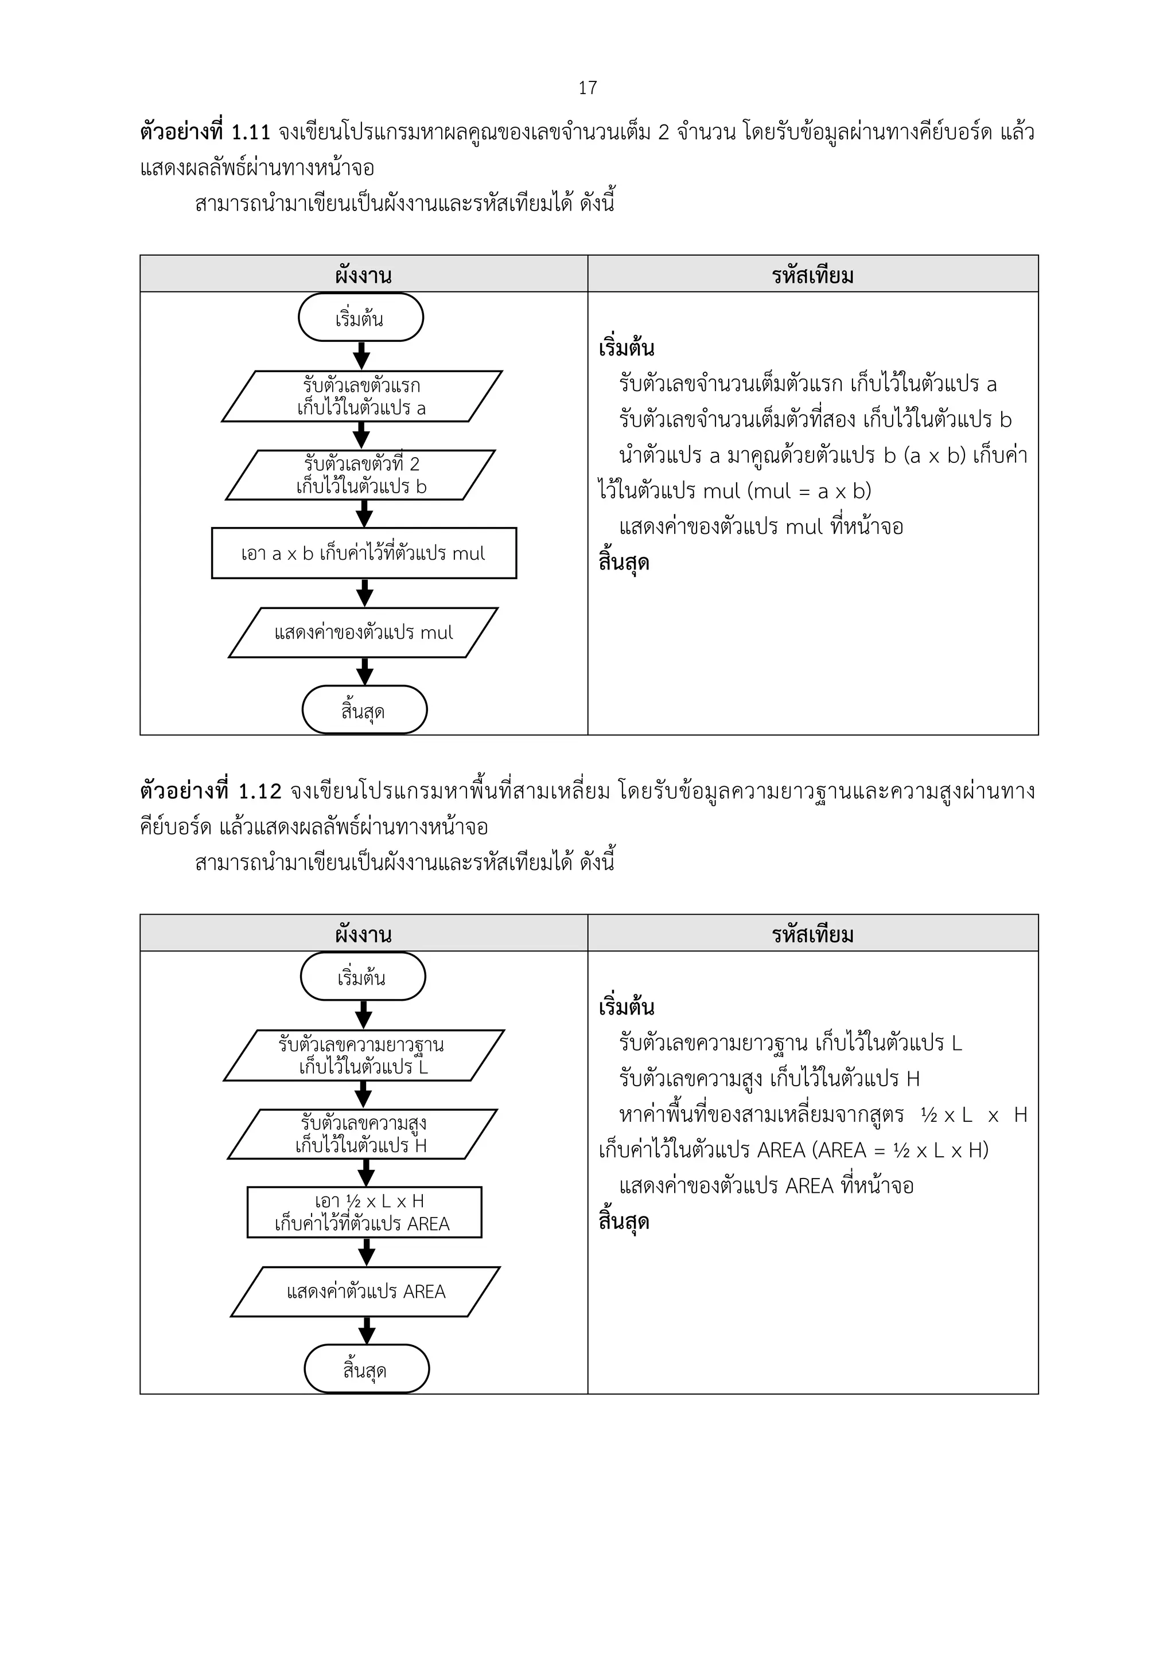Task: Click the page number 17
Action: [x=587, y=88]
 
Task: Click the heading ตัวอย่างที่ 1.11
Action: [x=205, y=132]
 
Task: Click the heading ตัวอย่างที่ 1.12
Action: [x=210, y=791]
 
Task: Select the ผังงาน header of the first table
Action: [x=363, y=275]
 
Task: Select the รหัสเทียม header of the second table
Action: [x=812, y=934]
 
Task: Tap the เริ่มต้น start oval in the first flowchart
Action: [x=360, y=318]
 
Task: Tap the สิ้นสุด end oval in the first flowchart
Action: [x=364, y=710]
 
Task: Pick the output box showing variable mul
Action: [x=363, y=633]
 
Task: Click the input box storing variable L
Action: [x=363, y=1055]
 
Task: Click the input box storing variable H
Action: [x=362, y=1134]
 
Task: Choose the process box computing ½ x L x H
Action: [x=364, y=1212]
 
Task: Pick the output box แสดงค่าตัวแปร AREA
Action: [x=365, y=1292]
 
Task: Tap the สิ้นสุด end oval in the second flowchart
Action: [x=367, y=1370]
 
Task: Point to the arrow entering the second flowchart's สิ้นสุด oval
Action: [x=367, y=1331]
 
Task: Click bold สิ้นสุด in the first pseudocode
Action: [x=623, y=563]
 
